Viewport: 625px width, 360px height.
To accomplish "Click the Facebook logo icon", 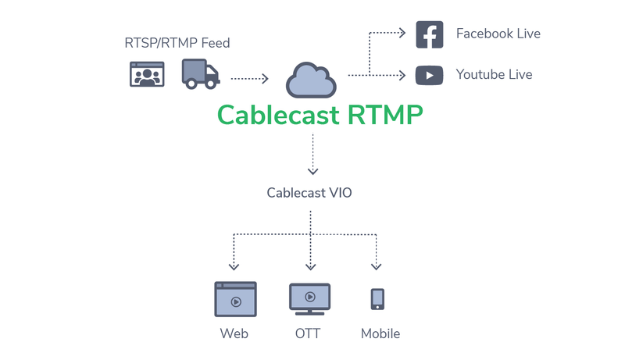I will coord(429,34).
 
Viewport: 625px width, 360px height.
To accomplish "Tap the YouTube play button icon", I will coord(429,75).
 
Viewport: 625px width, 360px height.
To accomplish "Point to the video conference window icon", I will coord(146,74).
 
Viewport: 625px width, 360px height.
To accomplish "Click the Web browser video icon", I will coord(235,299).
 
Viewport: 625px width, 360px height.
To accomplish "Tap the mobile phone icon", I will coord(377,299).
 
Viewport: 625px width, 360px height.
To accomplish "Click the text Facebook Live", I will coord(498,34).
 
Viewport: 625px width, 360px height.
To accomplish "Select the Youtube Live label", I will coord(494,75).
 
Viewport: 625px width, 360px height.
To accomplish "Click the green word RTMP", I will coord(386,115).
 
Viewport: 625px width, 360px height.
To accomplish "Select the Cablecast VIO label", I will coord(309,192).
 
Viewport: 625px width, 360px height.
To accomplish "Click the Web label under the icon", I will coord(234,333).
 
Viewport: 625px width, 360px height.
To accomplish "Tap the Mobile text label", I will coord(380,333).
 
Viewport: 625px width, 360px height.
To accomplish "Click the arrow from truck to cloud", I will coord(250,78).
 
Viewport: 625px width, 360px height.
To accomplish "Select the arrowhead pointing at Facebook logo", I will coord(402,34).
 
